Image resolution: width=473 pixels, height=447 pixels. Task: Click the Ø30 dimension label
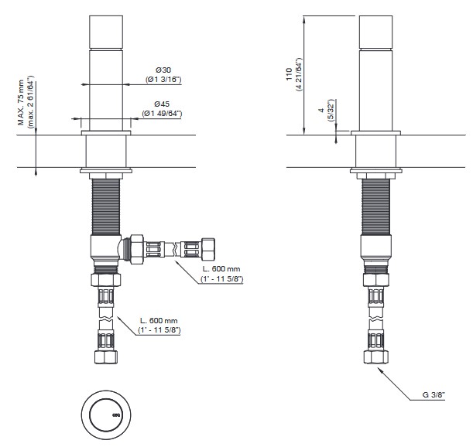(163, 70)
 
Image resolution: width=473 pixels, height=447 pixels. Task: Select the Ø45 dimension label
(162, 104)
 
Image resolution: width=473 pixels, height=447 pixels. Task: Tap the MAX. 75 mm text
(21, 103)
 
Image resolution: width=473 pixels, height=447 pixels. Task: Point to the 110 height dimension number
(290, 74)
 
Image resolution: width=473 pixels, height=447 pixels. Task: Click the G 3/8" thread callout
(434, 394)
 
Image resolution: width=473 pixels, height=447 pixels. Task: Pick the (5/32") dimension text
(331, 111)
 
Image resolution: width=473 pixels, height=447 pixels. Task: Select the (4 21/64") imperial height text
(299, 74)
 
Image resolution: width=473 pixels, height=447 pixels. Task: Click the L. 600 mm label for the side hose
(221, 268)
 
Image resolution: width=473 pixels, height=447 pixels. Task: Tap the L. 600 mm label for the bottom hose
(159, 320)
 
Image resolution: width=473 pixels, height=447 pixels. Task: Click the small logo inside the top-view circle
(116, 415)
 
